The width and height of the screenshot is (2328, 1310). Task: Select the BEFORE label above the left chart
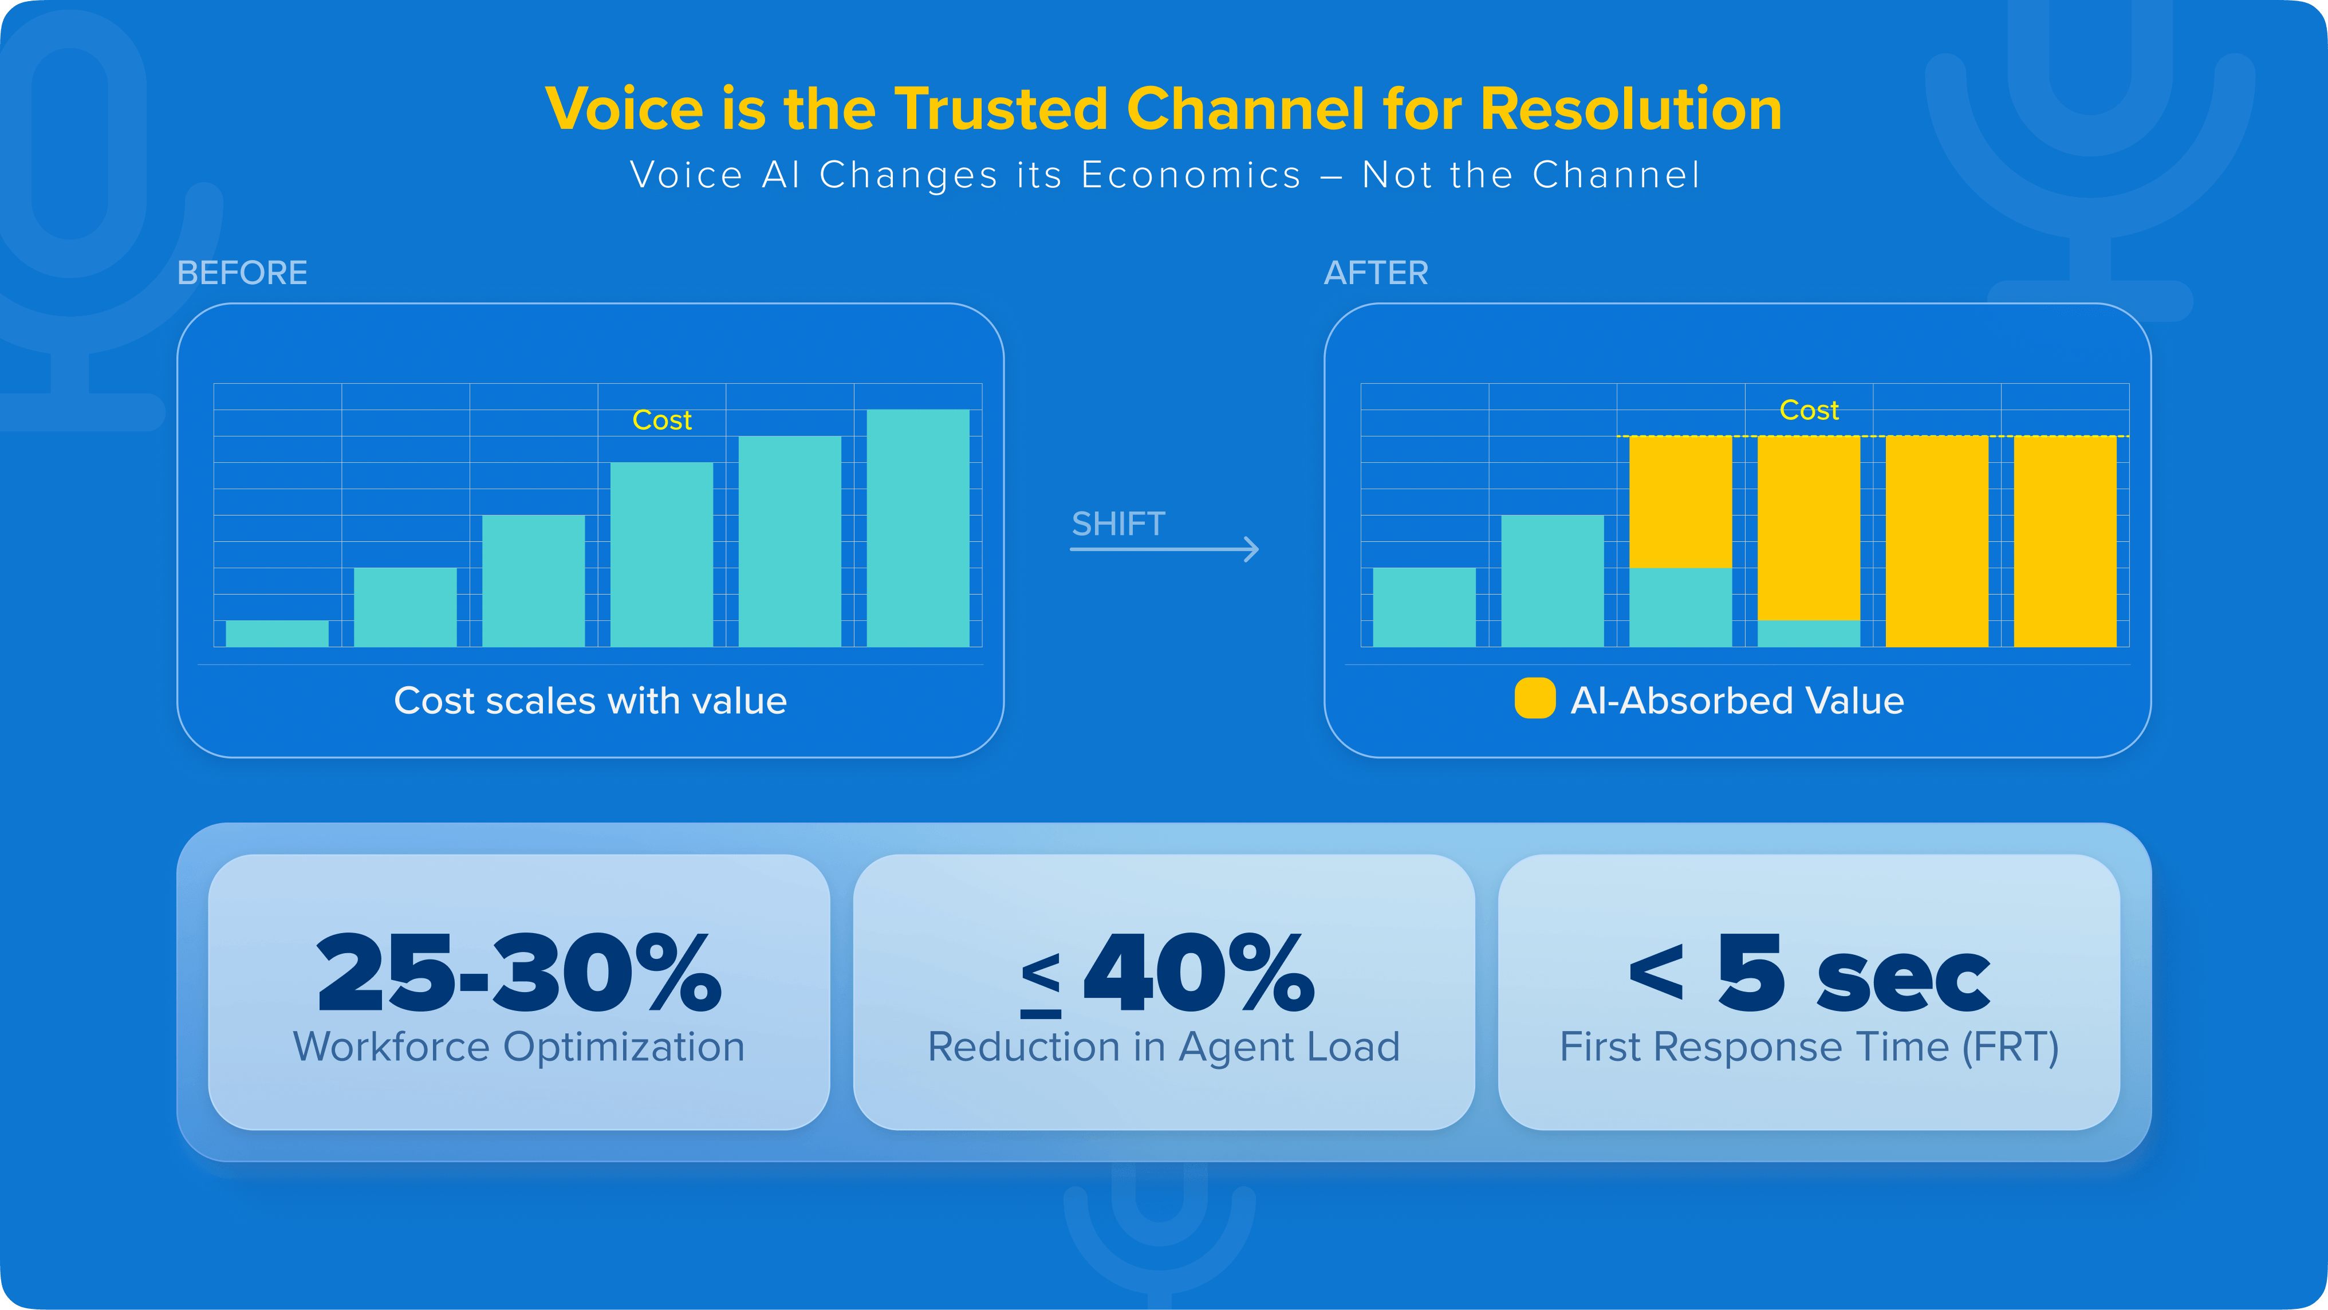[x=242, y=273]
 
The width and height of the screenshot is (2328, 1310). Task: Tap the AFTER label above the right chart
[x=1376, y=273]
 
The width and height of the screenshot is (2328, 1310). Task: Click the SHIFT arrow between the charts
[x=1164, y=548]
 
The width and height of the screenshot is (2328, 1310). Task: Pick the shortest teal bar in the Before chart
[x=277, y=633]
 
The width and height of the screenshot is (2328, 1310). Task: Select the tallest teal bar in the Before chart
[x=917, y=528]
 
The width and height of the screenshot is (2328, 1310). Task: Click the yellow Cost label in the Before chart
[x=661, y=420]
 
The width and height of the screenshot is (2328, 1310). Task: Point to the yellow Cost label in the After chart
[x=1809, y=411]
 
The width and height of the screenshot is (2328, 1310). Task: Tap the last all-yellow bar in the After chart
[x=2065, y=541]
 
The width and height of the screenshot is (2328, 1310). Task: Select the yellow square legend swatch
[x=1534, y=699]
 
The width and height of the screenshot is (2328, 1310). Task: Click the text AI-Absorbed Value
[x=1737, y=701]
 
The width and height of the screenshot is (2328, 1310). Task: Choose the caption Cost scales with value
[x=590, y=701]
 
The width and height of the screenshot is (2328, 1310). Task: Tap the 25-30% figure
[x=519, y=974]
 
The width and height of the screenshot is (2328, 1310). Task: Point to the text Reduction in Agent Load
[x=1163, y=1047]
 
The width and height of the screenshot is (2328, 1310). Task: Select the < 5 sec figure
[x=1809, y=974]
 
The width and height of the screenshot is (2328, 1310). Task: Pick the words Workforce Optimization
[x=519, y=1047]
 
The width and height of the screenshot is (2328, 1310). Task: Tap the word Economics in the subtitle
[x=1191, y=175]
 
